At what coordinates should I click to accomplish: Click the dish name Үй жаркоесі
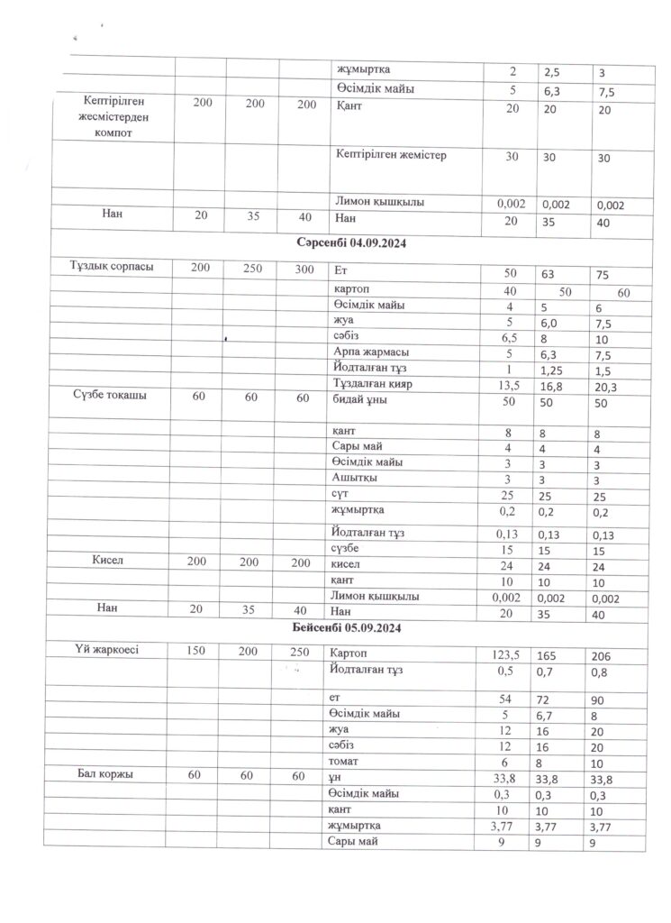click(106, 650)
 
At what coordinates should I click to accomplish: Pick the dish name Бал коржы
click(106, 774)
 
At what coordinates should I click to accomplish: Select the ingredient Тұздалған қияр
click(372, 386)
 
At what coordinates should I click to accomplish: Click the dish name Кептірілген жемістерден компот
click(112, 117)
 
